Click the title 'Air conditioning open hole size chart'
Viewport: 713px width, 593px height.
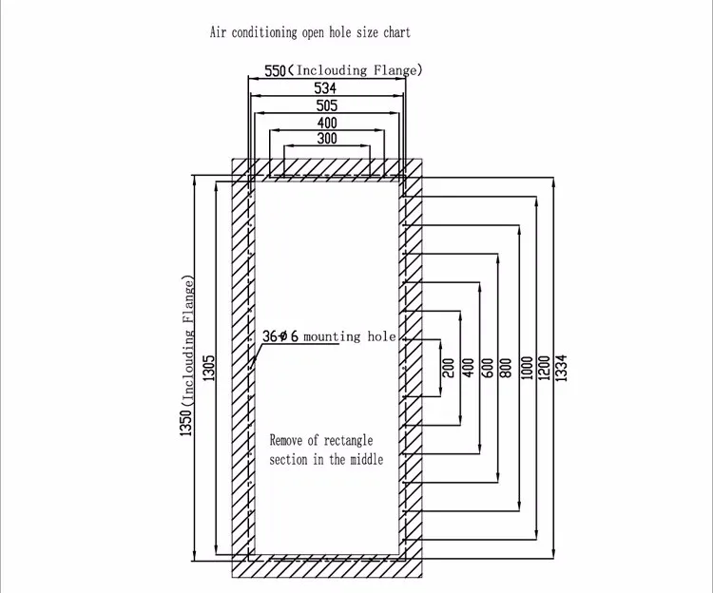310,32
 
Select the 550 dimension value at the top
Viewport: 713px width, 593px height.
275,70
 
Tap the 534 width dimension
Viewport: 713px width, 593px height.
326,88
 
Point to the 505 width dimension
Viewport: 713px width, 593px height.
326,105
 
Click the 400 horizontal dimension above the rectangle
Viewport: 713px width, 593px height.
326,123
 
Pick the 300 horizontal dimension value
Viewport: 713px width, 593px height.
326,140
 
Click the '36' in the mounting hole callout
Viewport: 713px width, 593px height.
268,336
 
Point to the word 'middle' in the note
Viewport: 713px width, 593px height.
365,459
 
